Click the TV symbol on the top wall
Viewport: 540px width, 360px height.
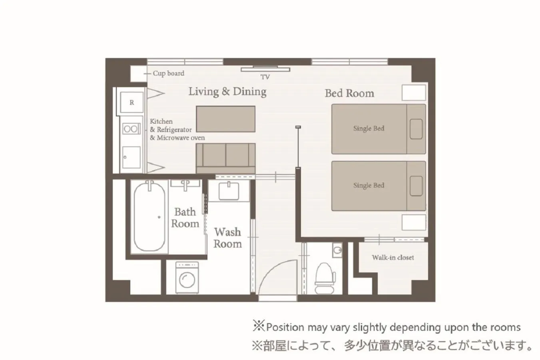click(265, 69)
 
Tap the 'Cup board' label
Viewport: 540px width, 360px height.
click(168, 74)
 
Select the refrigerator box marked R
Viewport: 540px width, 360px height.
click(132, 103)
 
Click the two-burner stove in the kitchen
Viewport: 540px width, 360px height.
click(131, 129)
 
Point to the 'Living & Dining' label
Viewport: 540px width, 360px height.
click(227, 92)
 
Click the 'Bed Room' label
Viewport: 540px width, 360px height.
click(349, 94)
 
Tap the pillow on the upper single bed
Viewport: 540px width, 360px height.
click(416, 129)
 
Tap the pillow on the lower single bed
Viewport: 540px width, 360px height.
click(416, 186)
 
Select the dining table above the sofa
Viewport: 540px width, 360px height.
click(225, 119)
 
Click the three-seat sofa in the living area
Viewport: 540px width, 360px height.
click(225, 157)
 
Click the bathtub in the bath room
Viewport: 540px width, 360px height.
click(149, 216)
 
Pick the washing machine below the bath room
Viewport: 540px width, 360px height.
click(187, 278)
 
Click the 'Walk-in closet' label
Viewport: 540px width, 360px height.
click(393, 258)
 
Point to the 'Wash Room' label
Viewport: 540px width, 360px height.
click(227, 238)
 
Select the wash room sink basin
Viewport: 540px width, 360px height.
click(229, 191)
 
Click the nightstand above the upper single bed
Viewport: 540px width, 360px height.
click(413, 92)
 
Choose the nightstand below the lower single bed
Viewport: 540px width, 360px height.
click(413, 222)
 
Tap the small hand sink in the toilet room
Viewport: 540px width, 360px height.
click(338, 251)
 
